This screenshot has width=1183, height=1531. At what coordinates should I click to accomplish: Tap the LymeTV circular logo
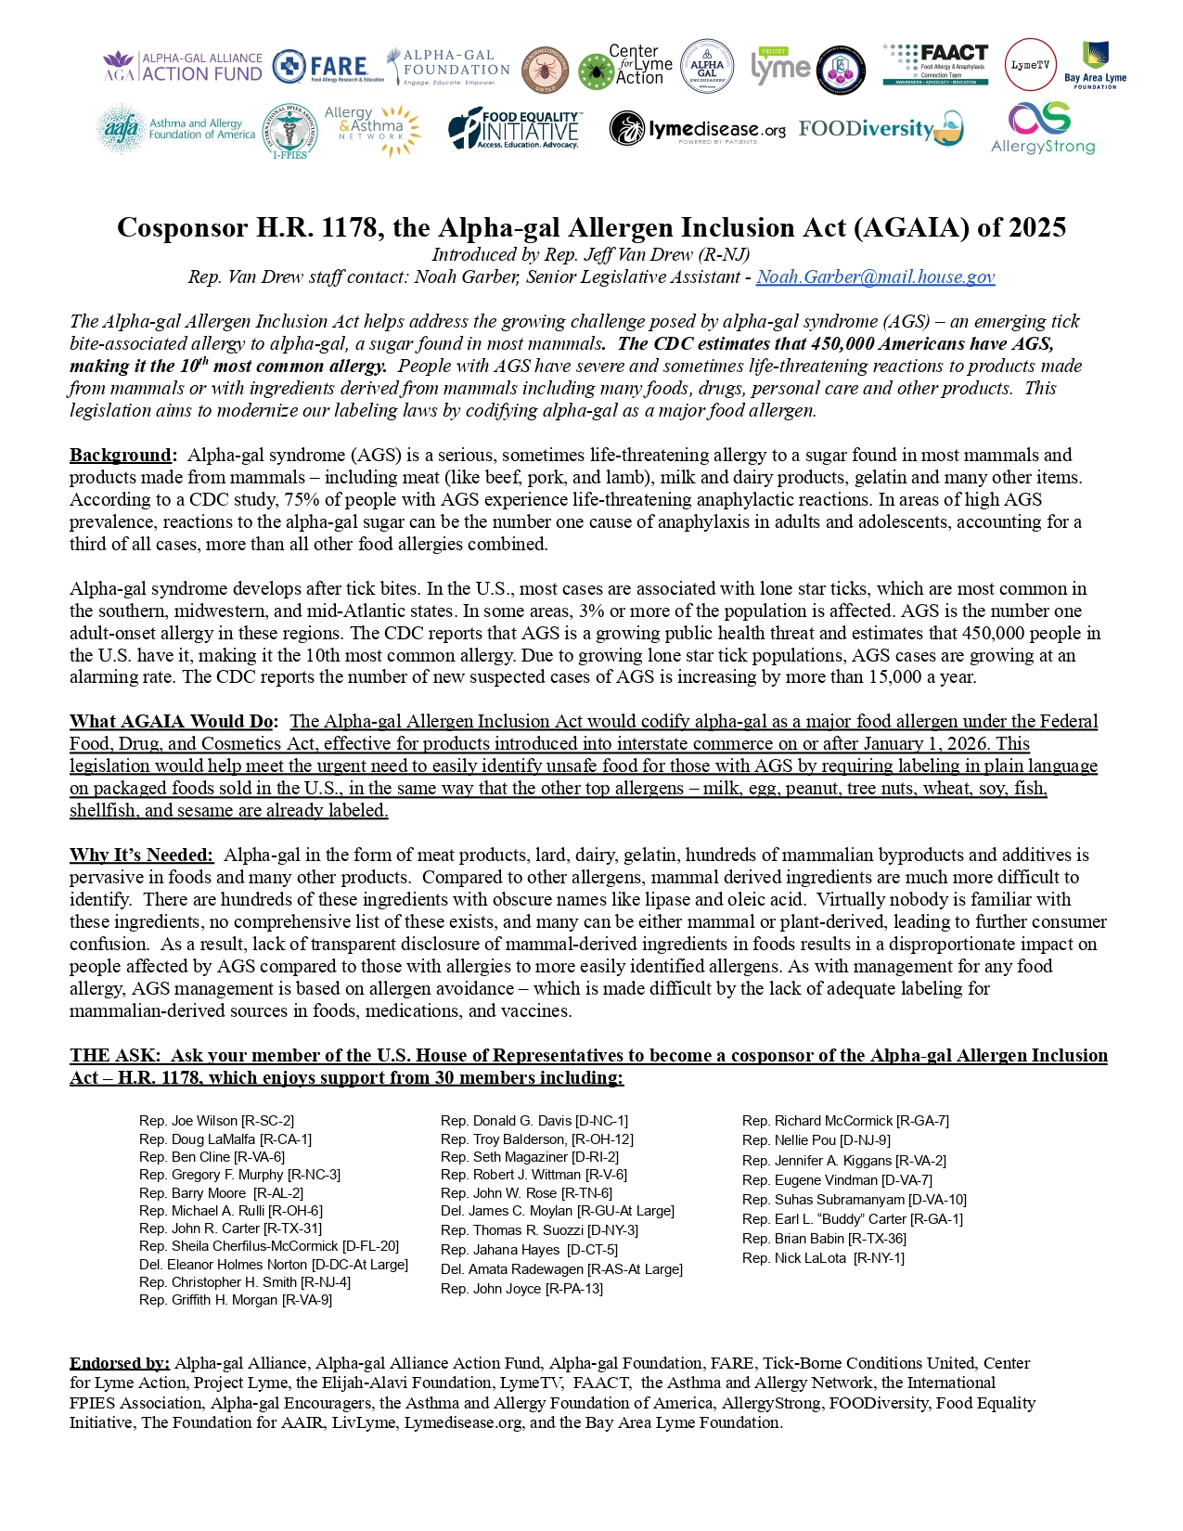pos(1030,65)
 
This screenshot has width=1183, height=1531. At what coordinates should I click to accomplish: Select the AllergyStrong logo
pos(1042,128)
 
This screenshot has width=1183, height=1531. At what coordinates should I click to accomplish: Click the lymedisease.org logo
pos(697,130)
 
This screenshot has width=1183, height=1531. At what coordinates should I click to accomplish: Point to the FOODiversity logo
pos(880,129)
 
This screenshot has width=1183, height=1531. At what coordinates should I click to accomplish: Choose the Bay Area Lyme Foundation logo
pos(1095,65)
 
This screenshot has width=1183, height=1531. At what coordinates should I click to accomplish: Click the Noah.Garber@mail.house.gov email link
pos(875,277)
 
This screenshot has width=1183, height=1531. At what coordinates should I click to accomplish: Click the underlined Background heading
pos(121,455)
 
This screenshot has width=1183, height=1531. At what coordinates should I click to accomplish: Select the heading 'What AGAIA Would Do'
pos(173,721)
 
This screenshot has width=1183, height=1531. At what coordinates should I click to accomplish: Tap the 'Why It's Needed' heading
pos(141,855)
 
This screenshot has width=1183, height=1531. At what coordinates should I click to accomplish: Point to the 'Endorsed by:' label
pos(119,1363)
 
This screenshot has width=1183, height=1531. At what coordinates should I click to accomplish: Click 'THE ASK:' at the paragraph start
pos(115,1055)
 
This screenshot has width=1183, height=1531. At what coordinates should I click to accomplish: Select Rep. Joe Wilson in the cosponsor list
pos(216,1121)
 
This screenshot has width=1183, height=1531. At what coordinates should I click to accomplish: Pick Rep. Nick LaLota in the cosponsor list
pos(823,1258)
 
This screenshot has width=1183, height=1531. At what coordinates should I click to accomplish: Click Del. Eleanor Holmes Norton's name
pos(273,1264)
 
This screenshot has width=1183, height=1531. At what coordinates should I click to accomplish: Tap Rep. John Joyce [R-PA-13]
pos(521,1288)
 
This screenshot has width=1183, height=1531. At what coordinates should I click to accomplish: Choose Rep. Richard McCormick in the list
pos(845,1121)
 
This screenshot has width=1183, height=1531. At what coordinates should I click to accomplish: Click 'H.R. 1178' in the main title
pos(317,227)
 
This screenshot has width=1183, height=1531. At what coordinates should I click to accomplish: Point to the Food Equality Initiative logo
pos(514,130)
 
